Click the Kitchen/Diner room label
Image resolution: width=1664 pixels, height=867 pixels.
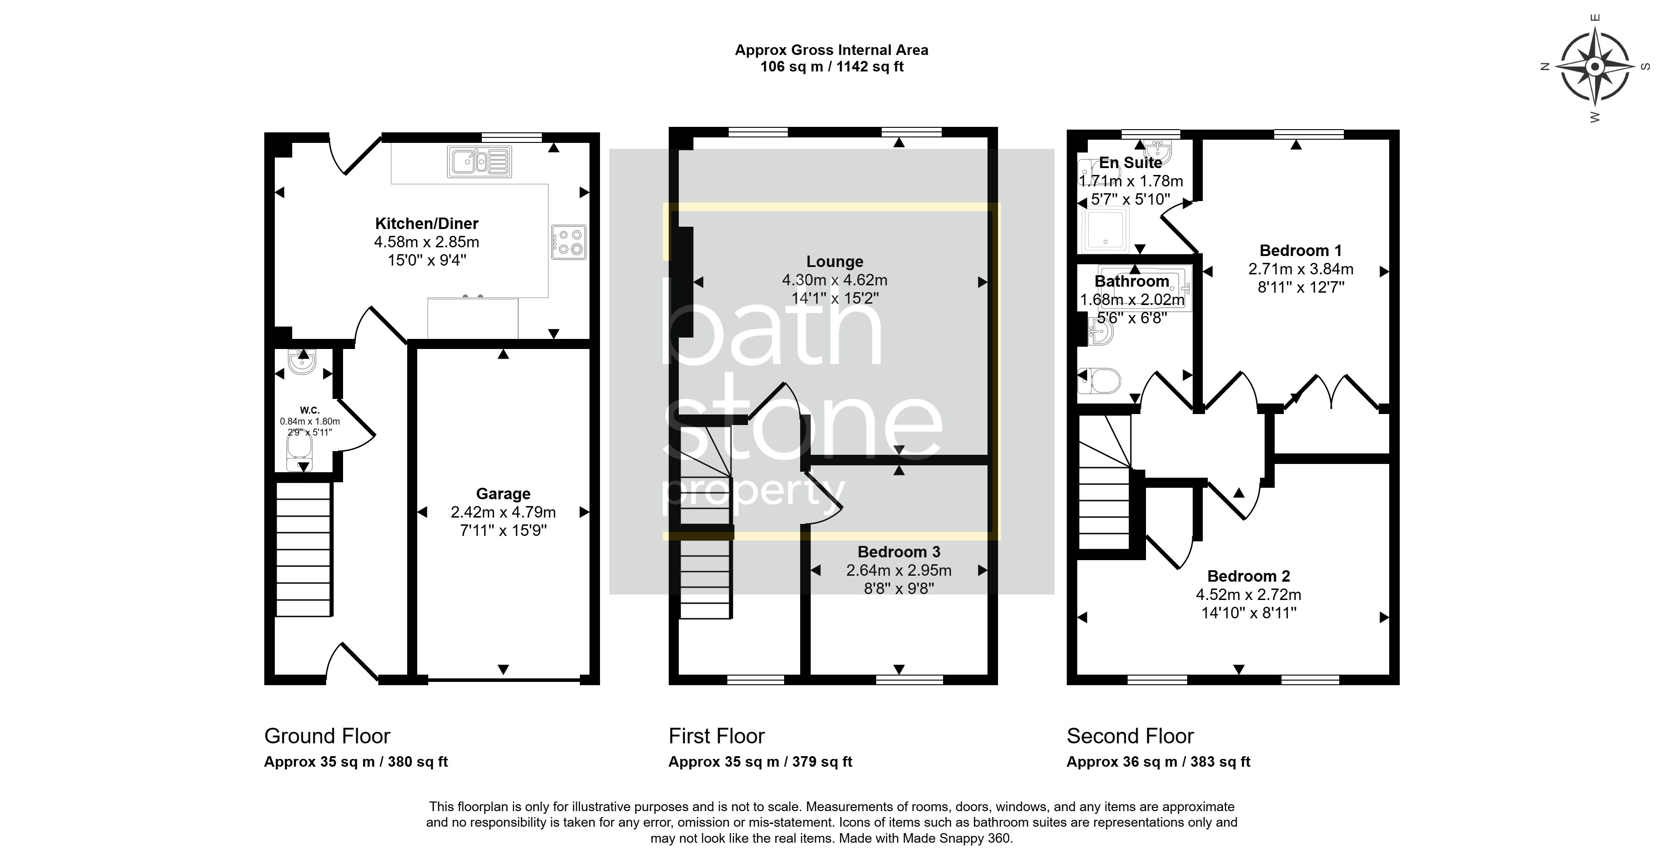pyautogui.click(x=426, y=224)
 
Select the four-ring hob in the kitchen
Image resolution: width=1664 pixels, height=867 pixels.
pyautogui.click(x=568, y=242)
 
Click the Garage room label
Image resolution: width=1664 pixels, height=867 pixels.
pyautogui.click(x=503, y=494)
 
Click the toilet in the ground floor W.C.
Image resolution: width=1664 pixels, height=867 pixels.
pyautogui.click(x=300, y=453)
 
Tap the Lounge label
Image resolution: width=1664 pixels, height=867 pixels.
pyautogui.click(x=835, y=262)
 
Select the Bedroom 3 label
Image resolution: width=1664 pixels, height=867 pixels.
pyautogui.click(x=899, y=552)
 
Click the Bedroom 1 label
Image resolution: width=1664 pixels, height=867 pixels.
pyautogui.click(x=1300, y=251)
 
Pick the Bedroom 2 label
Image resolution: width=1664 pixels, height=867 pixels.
pyautogui.click(x=1249, y=576)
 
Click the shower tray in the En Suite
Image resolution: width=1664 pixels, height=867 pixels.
pyautogui.click(x=1105, y=229)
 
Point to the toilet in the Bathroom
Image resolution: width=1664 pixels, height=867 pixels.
pyautogui.click(x=1099, y=381)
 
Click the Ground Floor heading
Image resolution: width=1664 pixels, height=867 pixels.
pyautogui.click(x=327, y=736)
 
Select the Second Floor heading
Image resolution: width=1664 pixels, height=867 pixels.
pyautogui.click(x=1130, y=736)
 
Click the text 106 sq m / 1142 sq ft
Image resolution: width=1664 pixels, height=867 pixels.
pyautogui.click(x=831, y=66)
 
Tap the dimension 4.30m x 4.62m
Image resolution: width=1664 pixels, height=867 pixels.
pyautogui.click(x=835, y=280)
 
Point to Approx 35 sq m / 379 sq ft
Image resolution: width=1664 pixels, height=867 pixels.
pyautogui.click(x=760, y=762)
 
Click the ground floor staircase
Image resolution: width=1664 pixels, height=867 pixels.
pyautogui.click(x=304, y=550)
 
